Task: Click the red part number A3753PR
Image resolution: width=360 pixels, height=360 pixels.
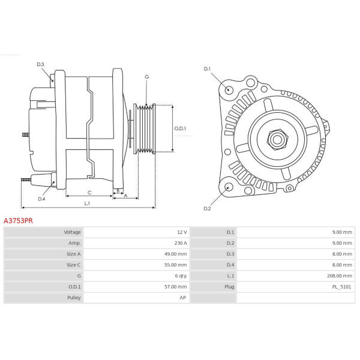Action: [18, 221]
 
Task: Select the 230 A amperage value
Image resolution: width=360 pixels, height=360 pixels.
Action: [181, 243]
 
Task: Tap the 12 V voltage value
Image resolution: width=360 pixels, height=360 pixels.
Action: [182, 232]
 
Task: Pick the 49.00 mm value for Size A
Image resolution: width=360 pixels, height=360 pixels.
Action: [175, 254]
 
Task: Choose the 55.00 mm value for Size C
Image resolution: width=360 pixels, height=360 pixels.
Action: [175, 265]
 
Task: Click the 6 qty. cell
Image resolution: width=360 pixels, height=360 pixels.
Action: [181, 276]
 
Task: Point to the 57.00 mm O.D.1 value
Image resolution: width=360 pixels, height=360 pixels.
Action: [175, 287]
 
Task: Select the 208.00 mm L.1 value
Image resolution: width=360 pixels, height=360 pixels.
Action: [340, 276]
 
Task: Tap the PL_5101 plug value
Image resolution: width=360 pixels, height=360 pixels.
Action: [341, 287]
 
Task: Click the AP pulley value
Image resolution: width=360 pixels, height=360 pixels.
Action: [183, 298]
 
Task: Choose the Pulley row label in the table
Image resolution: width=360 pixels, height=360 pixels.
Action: [74, 298]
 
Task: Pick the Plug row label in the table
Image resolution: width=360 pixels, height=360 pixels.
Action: [229, 287]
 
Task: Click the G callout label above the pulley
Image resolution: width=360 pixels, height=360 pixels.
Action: [147, 77]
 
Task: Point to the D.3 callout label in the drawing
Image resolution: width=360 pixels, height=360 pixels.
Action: [40, 64]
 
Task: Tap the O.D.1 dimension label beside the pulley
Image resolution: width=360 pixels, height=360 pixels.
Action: [180, 128]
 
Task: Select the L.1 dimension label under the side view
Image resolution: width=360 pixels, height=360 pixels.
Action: [87, 203]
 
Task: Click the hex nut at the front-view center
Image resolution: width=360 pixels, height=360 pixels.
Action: [277, 139]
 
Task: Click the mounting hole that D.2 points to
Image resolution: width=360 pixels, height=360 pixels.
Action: [229, 187]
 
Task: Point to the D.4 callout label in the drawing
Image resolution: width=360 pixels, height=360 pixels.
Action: [41, 199]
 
